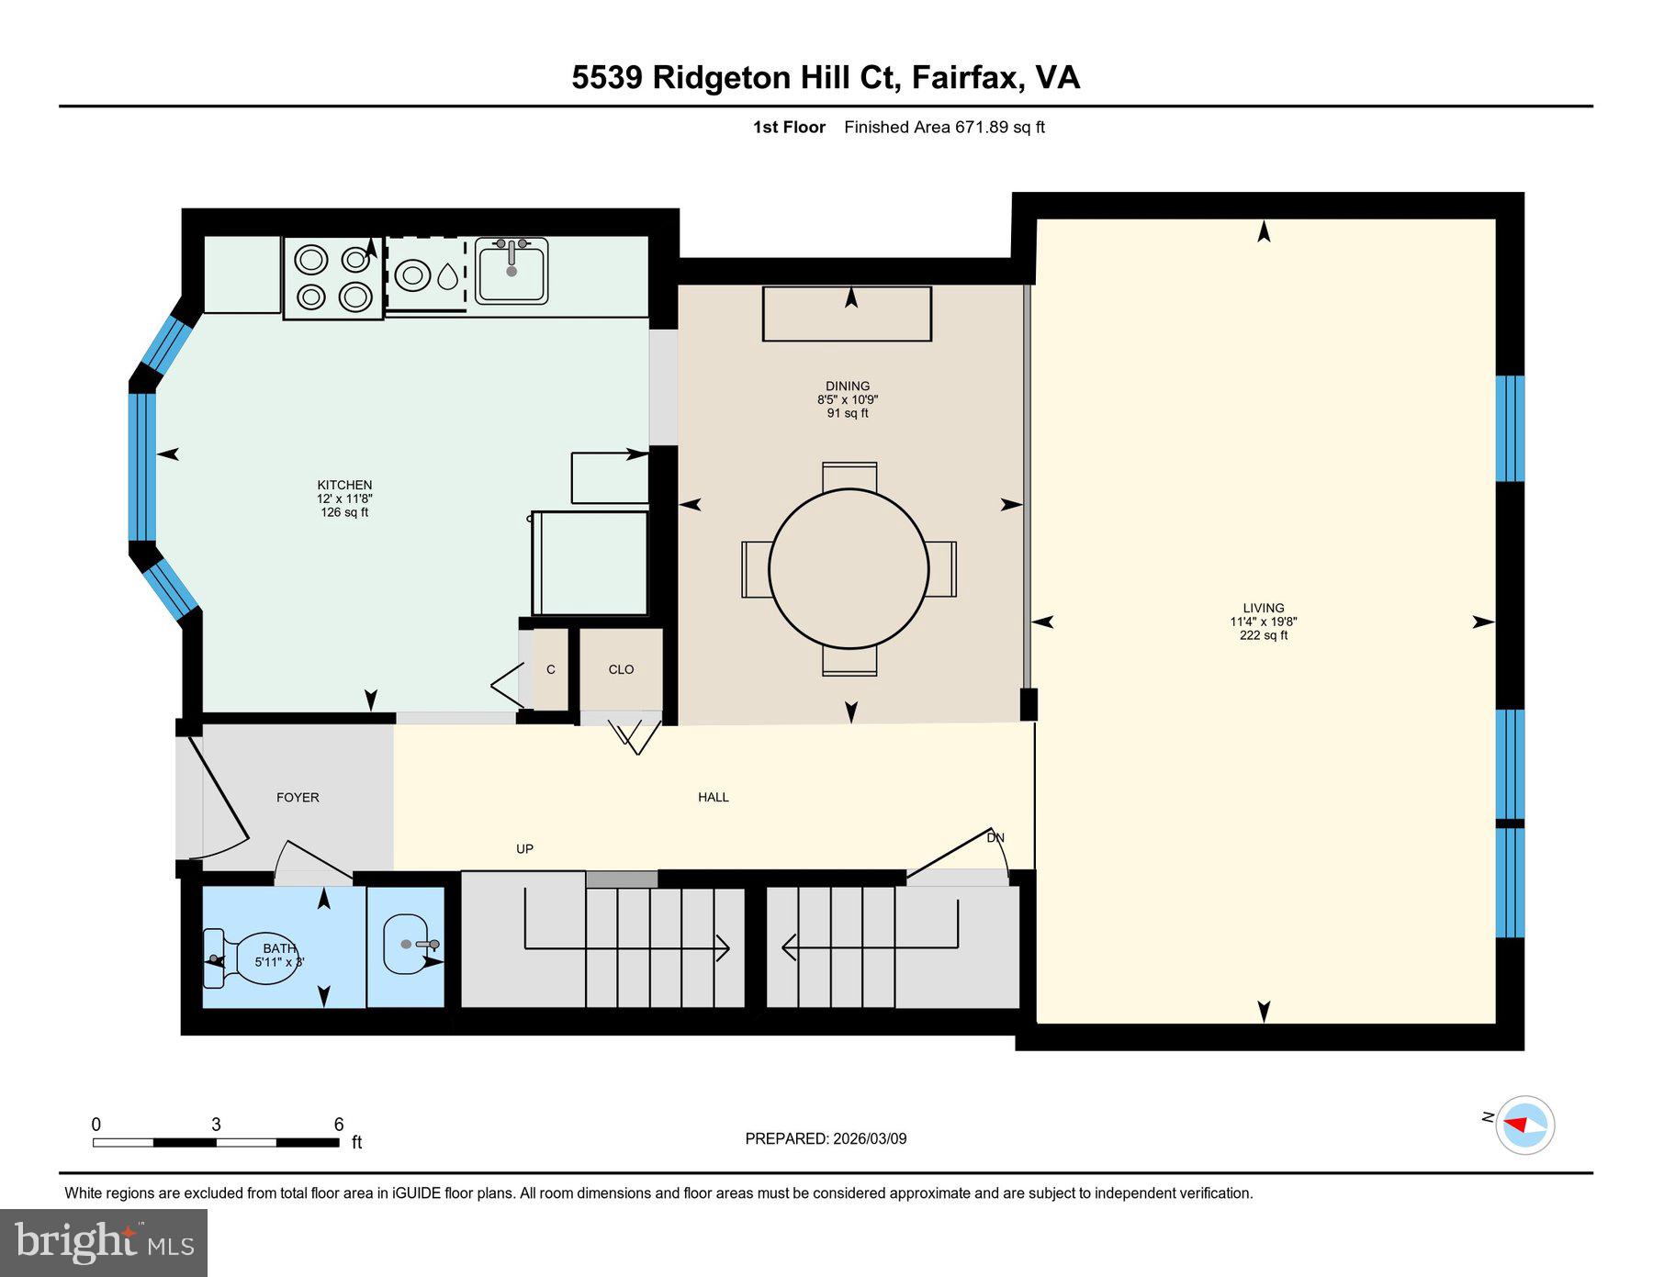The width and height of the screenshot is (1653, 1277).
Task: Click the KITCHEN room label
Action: pyautogui.click(x=344, y=485)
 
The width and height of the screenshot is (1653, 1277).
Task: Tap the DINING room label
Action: pyautogui.click(x=847, y=386)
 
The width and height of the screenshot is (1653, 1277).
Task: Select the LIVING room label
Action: pyautogui.click(x=1264, y=608)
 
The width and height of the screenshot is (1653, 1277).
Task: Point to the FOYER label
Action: pyautogui.click(x=298, y=798)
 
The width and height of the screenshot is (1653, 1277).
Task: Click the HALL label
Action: pyautogui.click(x=714, y=797)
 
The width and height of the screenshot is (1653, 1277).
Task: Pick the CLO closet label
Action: pyautogui.click(x=621, y=669)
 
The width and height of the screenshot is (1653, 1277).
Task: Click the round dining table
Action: pyautogui.click(x=849, y=568)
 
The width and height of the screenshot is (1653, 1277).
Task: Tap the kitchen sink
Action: pyautogui.click(x=512, y=270)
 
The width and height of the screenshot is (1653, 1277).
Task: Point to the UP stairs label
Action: pyautogui.click(x=524, y=849)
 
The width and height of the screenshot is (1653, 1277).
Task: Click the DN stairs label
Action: pyautogui.click(x=995, y=837)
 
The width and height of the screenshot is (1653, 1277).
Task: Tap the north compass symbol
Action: pyautogui.click(x=1524, y=1124)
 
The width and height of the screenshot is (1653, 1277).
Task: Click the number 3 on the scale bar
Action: pyautogui.click(x=216, y=1125)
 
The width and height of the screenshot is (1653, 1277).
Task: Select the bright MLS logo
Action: pyautogui.click(x=104, y=1243)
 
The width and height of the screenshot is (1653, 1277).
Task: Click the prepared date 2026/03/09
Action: pyautogui.click(x=870, y=1138)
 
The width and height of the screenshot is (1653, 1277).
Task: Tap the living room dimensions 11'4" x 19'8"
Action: pyautogui.click(x=1264, y=622)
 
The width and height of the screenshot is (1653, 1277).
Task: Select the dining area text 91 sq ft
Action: pyautogui.click(x=848, y=413)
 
